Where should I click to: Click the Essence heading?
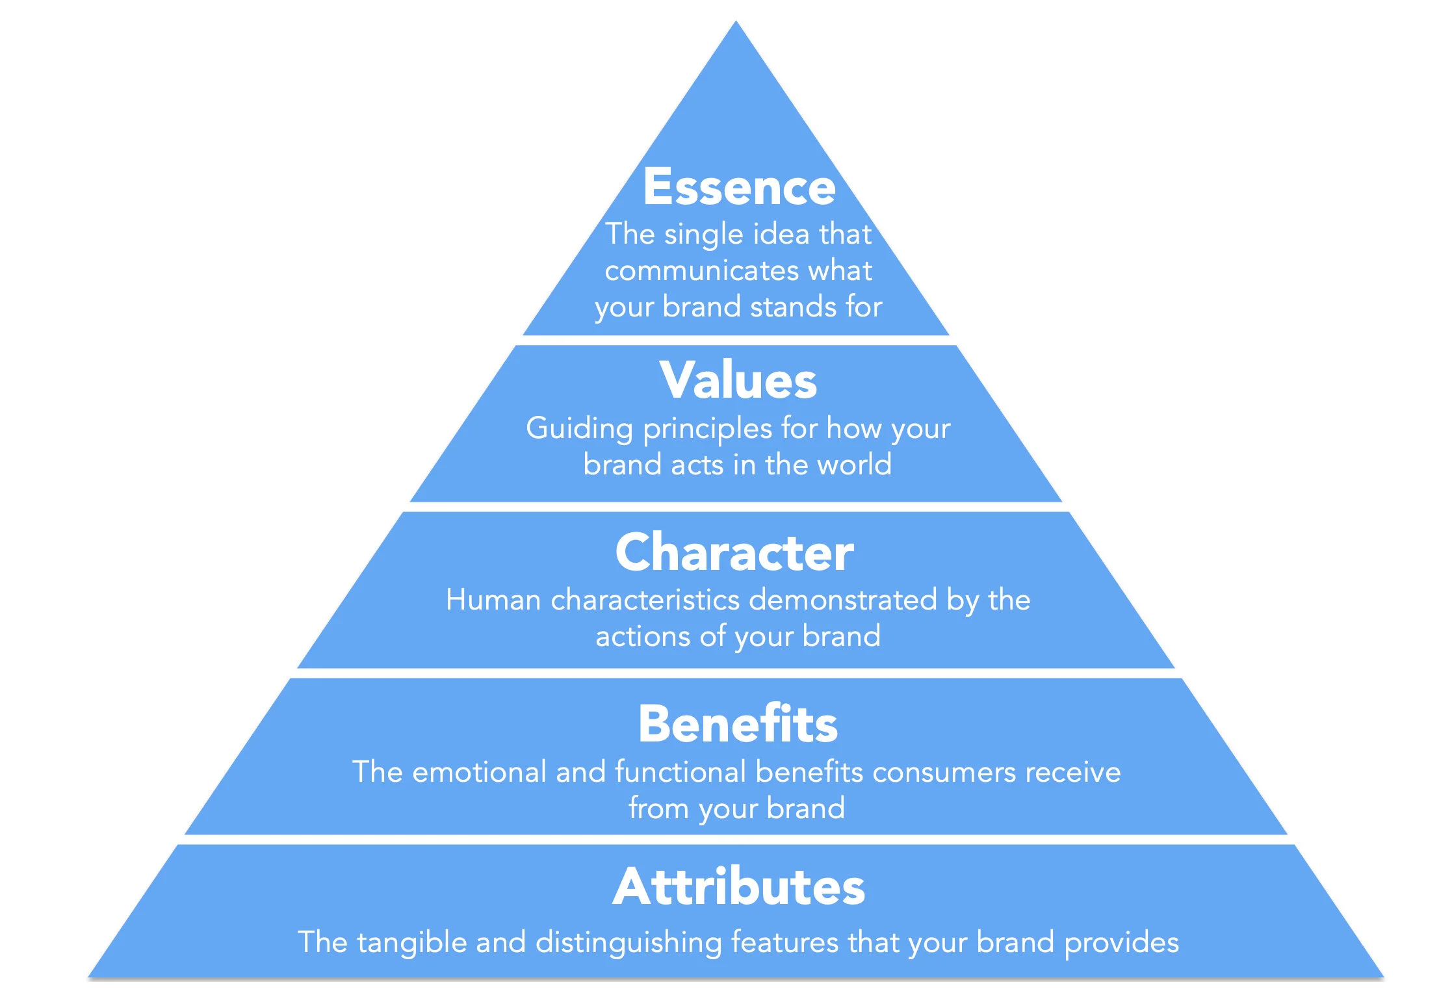(x=739, y=187)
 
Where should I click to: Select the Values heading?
(x=738, y=381)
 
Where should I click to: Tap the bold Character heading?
(x=734, y=552)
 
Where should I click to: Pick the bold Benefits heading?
(x=738, y=724)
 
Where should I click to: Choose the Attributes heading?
(x=738, y=887)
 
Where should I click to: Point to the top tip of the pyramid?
(x=736, y=23)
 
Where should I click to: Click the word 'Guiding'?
(x=579, y=429)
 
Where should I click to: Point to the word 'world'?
(x=854, y=465)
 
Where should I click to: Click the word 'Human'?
(x=493, y=600)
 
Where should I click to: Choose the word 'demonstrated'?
(x=843, y=600)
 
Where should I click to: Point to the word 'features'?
(x=784, y=942)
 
